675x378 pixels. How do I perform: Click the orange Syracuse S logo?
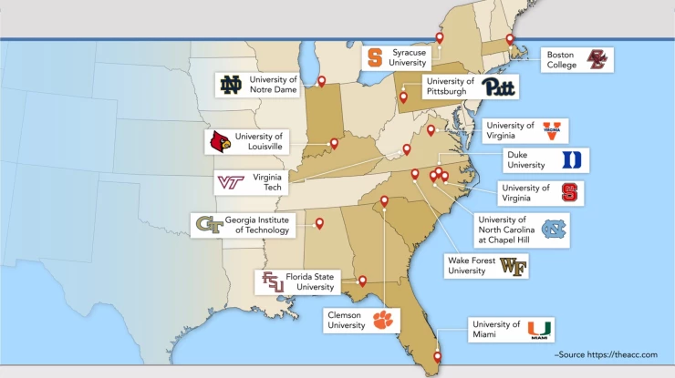375,58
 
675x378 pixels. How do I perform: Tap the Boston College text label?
561,60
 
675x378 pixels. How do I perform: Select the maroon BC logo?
596,60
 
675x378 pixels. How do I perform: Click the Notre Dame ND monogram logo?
231,86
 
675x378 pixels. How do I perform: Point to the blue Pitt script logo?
499,87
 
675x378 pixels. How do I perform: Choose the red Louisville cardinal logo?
220,141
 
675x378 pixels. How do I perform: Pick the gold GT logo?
210,225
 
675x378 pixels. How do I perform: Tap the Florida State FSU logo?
273,281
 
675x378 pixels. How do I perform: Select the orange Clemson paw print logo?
380,320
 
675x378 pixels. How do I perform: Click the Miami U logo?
540,330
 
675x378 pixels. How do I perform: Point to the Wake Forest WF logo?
513,266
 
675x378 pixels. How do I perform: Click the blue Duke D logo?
571,160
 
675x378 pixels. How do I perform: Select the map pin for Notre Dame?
321,81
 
